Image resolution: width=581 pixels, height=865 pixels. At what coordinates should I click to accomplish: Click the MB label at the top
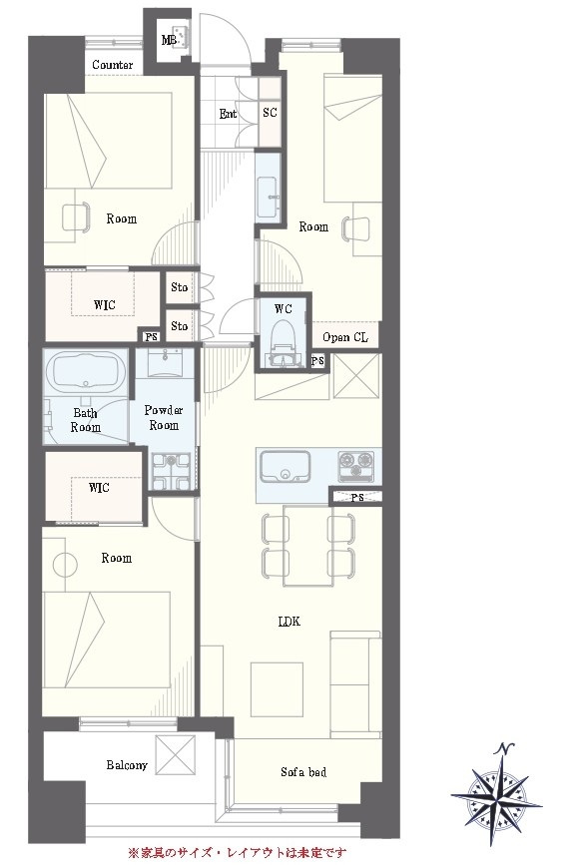point(169,40)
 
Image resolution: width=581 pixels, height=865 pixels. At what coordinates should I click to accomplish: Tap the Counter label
point(113,65)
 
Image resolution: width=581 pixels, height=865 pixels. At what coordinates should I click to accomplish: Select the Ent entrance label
point(228,114)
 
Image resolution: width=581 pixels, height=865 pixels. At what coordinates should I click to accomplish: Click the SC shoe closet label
point(270,112)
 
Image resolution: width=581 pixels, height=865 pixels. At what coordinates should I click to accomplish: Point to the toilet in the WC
point(284,348)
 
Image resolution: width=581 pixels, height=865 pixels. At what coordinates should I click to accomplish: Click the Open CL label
point(345,337)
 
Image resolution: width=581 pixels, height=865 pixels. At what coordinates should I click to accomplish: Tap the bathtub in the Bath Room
point(85,371)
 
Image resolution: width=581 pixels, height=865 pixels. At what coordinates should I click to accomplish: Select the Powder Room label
point(164,418)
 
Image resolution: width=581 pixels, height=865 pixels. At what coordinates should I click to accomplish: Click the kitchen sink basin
point(285,468)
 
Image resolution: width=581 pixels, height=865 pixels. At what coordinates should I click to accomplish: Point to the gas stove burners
point(356,464)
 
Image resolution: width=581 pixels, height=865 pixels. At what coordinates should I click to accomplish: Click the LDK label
point(290,622)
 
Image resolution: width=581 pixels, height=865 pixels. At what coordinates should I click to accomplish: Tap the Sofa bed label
point(303,772)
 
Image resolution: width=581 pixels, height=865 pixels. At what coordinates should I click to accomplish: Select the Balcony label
point(127,765)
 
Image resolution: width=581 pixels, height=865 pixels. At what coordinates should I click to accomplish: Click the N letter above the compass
point(504,749)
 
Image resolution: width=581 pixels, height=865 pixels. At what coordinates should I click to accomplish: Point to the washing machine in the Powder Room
point(171,472)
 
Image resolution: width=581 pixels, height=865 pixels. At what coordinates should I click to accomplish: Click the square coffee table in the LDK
point(277,689)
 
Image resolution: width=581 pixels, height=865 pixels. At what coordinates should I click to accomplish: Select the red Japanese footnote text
point(238,853)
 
